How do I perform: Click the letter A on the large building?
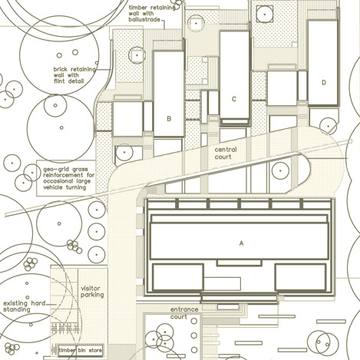pyautogui.click(x=241, y=243)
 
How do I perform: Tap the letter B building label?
pyautogui.click(x=169, y=119)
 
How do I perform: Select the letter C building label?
pyautogui.click(x=234, y=99)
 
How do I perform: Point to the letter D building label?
pyautogui.click(x=324, y=82)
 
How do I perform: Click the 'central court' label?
pyautogui.click(x=226, y=153)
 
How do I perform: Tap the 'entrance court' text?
pyautogui.click(x=184, y=313)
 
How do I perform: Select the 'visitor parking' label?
pyautogui.click(x=92, y=292)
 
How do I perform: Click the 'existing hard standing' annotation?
pyautogui.click(x=25, y=306)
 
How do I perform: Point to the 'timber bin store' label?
pyautogui.click(x=81, y=350)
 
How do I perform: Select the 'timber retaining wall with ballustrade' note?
pyautogui.click(x=152, y=14)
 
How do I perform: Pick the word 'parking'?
pyautogui.click(x=92, y=295)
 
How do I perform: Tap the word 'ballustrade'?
pyautogui.click(x=144, y=19)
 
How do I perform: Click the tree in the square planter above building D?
pyautogui.click(x=265, y=15)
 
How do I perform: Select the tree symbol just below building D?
pyautogui.click(x=329, y=126)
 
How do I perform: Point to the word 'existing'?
pyautogui.click(x=15, y=303)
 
